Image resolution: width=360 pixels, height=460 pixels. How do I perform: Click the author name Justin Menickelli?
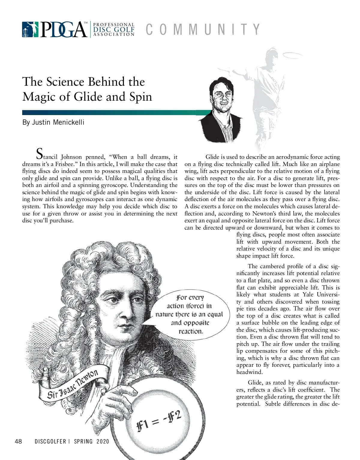(53, 122)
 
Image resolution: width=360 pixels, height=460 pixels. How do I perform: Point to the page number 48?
(18, 441)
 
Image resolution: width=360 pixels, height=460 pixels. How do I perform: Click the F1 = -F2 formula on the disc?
(159, 421)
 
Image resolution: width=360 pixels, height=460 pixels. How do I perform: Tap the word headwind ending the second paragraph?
(249, 372)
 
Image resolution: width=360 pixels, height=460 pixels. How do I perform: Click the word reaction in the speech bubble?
(191, 331)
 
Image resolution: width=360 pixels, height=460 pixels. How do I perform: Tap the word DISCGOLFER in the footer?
(50, 441)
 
